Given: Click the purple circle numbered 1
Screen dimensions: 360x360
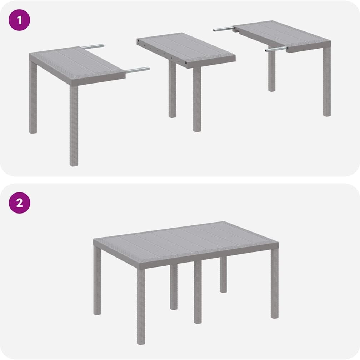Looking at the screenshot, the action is [x=19, y=20].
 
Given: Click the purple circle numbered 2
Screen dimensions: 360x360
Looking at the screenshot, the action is [x=19, y=203].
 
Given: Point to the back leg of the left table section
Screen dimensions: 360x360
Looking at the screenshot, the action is [x=33, y=97].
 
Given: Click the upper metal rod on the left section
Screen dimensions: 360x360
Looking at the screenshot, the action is [x=92, y=46].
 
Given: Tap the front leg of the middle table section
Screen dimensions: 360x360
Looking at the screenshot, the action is [x=197, y=99].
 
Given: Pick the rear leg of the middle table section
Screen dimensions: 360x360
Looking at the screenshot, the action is [x=172, y=89].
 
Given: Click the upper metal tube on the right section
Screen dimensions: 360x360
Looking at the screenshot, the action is [x=224, y=29].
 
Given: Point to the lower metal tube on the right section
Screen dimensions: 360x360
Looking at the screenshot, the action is [x=276, y=49].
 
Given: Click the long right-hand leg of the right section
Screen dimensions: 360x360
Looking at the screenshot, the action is [x=327, y=81].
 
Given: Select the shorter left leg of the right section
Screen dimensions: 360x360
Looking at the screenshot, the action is [x=272, y=71].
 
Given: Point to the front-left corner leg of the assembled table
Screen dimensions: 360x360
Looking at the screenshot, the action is [x=141, y=306].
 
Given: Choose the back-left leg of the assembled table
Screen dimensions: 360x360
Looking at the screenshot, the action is [x=97, y=280].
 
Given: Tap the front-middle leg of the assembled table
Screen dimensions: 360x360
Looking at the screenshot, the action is [x=198, y=292].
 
